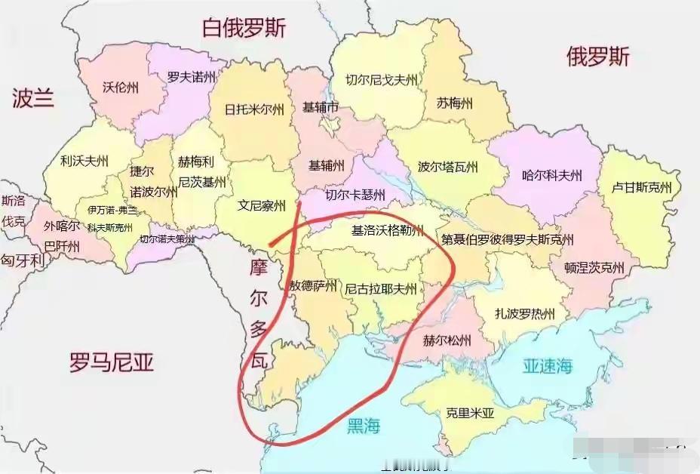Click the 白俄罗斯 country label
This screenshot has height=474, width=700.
click(x=244, y=29)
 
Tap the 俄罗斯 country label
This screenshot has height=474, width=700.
click(x=597, y=57)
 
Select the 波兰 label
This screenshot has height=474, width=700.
click(x=33, y=97)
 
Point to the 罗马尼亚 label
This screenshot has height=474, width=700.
click(x=112, y=363)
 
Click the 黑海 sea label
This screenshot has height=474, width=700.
click(x=363, y=426)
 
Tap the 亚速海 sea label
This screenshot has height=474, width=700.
click(x=548, y=366)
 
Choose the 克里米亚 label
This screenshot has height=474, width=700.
click(x=469, y=413)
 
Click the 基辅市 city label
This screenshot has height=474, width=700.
click(x=321, y=107)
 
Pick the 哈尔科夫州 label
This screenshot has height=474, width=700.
click(x=552, y=176)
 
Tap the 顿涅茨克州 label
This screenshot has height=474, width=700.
click(x=594, y=267)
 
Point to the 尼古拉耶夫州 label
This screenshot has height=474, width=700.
click(x=380, y=288)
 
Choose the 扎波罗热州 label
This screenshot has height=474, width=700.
click(x=525, y=313)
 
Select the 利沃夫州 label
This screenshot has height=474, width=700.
click(x=84, y=161)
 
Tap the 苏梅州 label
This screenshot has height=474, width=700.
click(x=454, y=103)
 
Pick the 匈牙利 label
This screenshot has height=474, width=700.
click(x=23, y=260)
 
